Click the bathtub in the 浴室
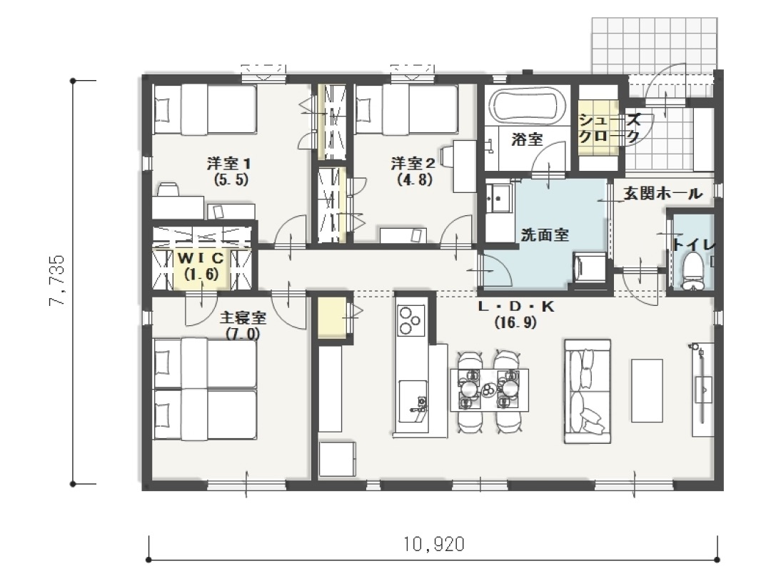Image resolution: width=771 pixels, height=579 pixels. click(527, 106)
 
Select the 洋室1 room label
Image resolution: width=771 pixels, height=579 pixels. click(229, 163)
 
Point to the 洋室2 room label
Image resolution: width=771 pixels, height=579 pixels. click(413, 163)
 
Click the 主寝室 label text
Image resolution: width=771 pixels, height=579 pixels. click(243, 317)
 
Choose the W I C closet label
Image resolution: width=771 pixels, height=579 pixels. click(201, 257)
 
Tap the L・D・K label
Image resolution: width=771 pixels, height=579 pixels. click(516, 307)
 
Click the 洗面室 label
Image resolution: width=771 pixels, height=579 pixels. click(544, 235)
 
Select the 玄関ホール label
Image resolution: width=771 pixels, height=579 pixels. click(663, 194)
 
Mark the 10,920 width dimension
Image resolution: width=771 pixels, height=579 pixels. click(434, 545)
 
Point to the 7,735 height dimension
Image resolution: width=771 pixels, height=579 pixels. click(57, 280)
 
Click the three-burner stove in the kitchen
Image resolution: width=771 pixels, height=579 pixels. click(410, 320)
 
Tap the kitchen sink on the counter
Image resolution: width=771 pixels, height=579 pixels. click(412, 401)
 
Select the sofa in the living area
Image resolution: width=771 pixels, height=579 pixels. click(587, 391)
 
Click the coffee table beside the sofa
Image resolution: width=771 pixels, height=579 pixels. click(647, 390)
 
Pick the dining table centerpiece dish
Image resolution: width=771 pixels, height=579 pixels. click(489, 390)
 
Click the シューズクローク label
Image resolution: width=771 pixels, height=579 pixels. click(609, 128)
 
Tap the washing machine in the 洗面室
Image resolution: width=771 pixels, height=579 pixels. click(589, 267)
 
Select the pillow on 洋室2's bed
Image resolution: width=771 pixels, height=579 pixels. click(363, 109)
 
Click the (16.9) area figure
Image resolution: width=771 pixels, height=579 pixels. click(516, 323)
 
